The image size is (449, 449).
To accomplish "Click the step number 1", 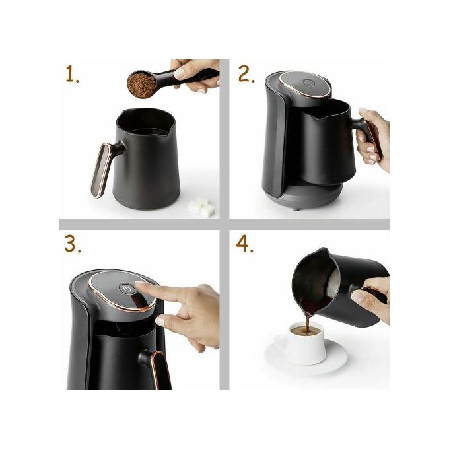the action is tap(72, 74).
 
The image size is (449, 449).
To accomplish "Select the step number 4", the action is tap(244, 244).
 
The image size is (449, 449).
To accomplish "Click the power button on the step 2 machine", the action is tap(308, 83).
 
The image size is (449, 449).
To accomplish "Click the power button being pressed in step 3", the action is tap(126, 289).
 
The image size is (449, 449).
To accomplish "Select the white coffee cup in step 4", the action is tap(300, 343).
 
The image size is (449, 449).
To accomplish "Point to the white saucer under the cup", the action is tap(306, 357).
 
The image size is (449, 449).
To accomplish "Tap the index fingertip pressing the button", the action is tap(140, 285).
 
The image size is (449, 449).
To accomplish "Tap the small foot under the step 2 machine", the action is tap(296, 209).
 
